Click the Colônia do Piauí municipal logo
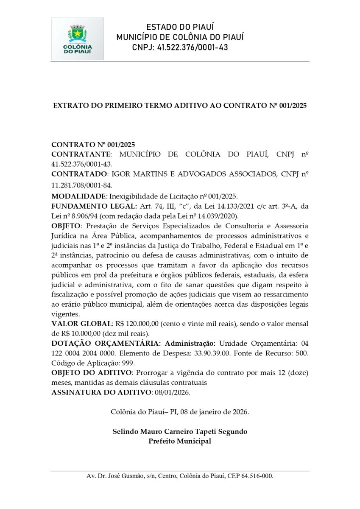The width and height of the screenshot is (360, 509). click(x=77, y=39)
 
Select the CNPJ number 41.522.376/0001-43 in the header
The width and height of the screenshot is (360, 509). click(x=192, y=48)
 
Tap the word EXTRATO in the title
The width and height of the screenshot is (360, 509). click(x=69, y=105)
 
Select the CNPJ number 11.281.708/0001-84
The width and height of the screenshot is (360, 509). click(x=81, y=185)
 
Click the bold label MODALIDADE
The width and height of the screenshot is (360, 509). click(x=78, y=196)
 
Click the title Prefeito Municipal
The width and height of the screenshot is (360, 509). click(x=180, y=441)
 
